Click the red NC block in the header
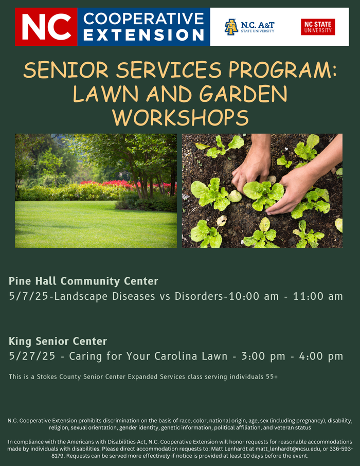[x=46, y=27]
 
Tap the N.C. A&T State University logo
[x=249, y=27]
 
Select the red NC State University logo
[x=318, y=27]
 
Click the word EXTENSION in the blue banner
[x=144, y=35]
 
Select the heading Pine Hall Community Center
[x=83, y=281]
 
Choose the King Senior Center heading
[x=58, y=341]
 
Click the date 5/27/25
[x=31, y=356]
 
